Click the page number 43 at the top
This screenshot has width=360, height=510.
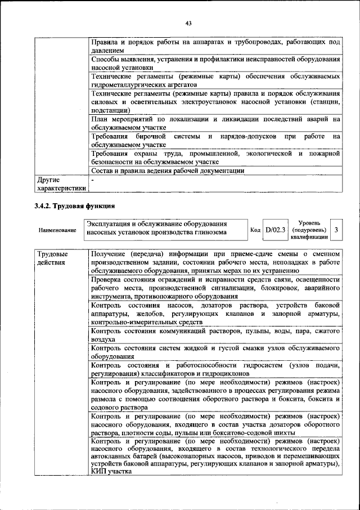tap(188, 23)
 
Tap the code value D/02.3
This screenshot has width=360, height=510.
tap(276, 230)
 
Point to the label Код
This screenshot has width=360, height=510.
tap(255, 230)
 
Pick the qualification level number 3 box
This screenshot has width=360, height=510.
tap(336, 230)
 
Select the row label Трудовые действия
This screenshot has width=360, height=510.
tap(49, 258)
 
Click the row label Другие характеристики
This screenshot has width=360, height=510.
tap(61, 184)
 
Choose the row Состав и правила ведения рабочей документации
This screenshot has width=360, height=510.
tap(168, 171)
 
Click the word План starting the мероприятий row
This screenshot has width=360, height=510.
tap(100, 119)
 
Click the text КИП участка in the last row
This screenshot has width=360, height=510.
tap(111, 472)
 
